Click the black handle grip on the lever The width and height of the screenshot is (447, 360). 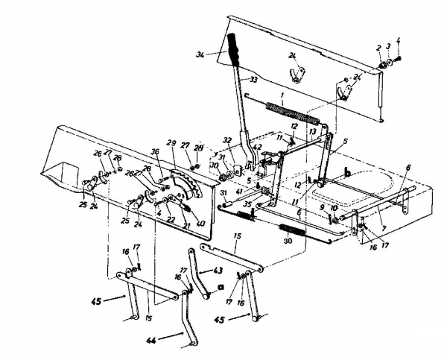[x=235, y=50]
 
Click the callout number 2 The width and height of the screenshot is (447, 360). [x=378, y=47]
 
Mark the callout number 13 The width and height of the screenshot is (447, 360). [x=312, y=131]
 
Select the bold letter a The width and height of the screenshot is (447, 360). [x=221, y=285]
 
